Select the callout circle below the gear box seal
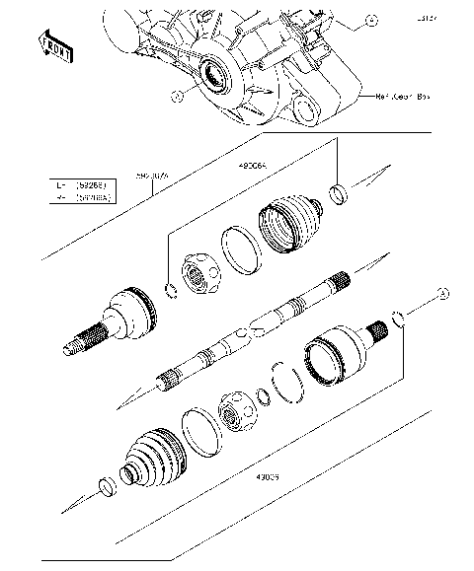pos(177,97)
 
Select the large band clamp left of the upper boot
pos(241,248)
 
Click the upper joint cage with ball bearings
pos(202,272)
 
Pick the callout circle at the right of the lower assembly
pos(443,294)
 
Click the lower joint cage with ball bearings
pos(237,412)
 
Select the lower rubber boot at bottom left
pos(150,460)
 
